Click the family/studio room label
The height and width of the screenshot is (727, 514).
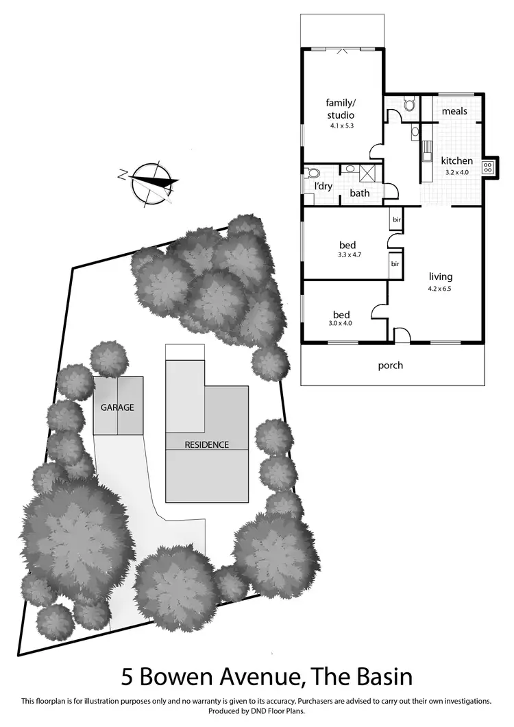point(340,109)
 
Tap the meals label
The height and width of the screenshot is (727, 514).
point(455,111)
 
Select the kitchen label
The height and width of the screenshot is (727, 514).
point(456,161)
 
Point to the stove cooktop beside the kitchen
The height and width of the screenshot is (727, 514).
point(489,167)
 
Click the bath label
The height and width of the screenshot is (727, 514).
point(360,193)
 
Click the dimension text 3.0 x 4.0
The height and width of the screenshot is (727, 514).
point(339,323)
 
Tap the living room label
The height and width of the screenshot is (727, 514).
point(441,277)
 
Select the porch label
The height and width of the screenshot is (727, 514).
point(391,366)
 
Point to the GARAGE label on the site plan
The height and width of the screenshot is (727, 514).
point(118,407)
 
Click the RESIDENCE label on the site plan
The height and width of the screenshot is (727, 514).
point(206,444)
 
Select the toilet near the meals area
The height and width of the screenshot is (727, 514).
point(410,105)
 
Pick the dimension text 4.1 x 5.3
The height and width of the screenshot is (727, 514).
point(340,126)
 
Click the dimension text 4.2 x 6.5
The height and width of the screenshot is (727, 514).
point(441,289)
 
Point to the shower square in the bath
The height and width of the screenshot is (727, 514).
point(367,172)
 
